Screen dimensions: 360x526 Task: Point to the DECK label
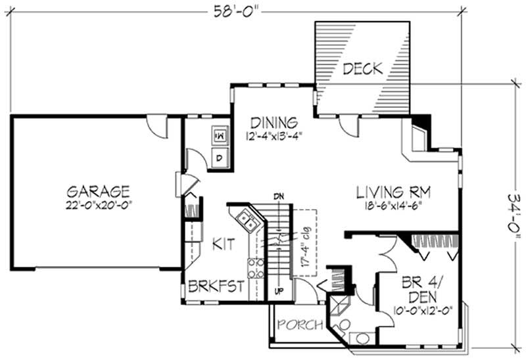click(362, 67)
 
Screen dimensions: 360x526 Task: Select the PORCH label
click(299, 324)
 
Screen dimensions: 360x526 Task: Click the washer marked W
click(219, 136)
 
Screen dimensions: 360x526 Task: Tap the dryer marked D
click(219, 157)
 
